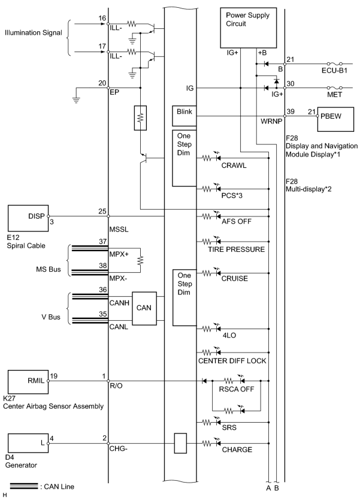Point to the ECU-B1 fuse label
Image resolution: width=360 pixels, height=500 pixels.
coord(334,71)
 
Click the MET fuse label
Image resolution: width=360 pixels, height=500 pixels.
coord(334,95)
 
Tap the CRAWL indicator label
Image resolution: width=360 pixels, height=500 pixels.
coord(234,165)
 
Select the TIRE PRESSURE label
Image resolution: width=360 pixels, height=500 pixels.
coord(237,249)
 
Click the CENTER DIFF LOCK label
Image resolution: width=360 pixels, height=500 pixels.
coord(232,361)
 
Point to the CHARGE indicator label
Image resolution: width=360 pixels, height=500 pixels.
coord(237,450)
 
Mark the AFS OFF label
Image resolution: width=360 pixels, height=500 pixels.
coord(237,221)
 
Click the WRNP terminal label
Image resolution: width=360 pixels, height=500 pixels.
coord(271,122)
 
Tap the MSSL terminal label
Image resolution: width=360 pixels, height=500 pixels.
coord(119,230)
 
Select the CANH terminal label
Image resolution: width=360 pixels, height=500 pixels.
coord(119,303)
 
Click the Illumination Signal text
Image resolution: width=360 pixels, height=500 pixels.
coord(34,32)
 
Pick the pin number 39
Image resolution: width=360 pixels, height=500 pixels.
coord(291,112)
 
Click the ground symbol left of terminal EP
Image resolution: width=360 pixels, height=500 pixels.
coord(76,100)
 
